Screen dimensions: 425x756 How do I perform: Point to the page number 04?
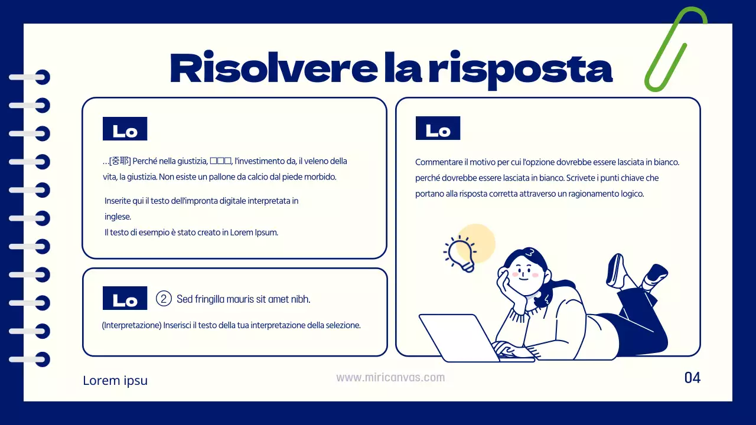coord(692,378)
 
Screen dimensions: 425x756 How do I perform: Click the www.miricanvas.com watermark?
coord(390,377)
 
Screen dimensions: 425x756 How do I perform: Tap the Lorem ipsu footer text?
coord(115,381)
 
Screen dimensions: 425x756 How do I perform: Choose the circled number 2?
coord(164,299)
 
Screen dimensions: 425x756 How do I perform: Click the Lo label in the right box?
coord(438,129)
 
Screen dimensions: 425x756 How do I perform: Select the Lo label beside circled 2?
coord(125,299)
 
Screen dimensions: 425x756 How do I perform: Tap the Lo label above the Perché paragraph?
coord(125,129)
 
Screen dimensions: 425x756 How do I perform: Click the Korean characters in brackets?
coord(120,161)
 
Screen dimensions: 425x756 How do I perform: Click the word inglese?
coord(118,217)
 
